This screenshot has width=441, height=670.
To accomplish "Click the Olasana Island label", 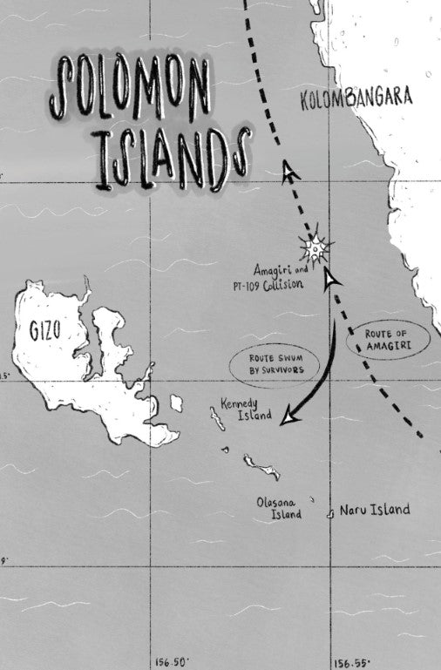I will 279,508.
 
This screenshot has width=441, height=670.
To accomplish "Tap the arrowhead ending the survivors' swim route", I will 288,419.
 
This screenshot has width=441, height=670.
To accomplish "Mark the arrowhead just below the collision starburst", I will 329,278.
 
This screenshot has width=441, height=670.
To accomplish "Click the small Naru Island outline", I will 329,514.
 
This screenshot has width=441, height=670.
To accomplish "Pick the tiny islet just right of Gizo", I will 177,403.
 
